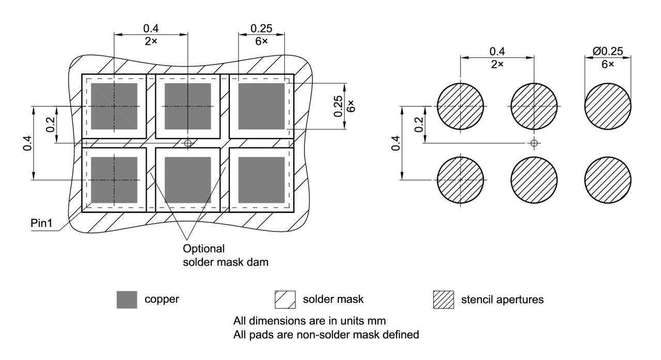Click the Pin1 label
[41, 223]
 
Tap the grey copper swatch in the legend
[127, 300]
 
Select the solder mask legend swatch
[285, 300]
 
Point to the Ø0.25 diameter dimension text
[608, 51]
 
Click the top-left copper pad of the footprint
[114, 106]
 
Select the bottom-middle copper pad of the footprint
[187, 180]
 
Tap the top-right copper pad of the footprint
[261, 106]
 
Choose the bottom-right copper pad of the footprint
[261, 180]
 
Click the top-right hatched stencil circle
[608, 106]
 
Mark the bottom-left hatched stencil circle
[461, 180]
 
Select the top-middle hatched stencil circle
[534, 106]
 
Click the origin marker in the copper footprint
[187, 143]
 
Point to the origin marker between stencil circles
[534, 143]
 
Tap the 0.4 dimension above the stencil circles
[497, 51]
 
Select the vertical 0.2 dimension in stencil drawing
[418, 124]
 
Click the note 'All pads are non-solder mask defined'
[326, 335]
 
